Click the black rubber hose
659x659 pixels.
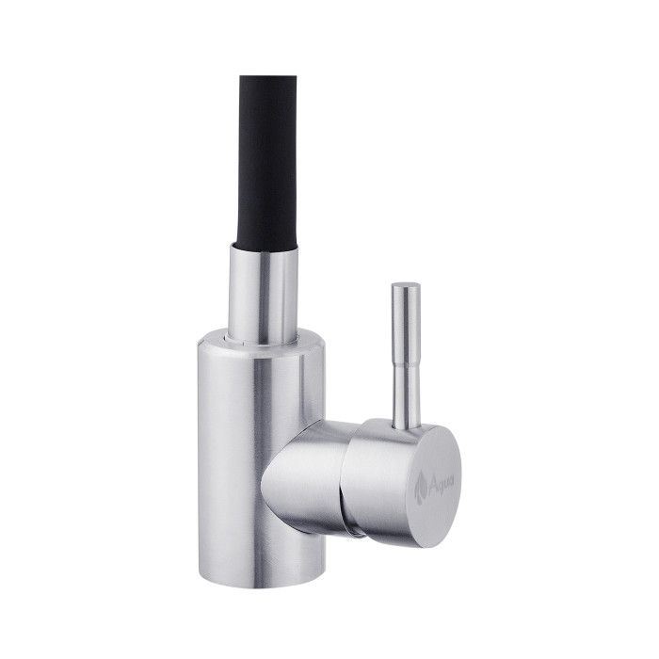coord(268,160)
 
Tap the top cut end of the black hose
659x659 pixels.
coord(268,78)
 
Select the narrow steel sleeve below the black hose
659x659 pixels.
coord(264,292)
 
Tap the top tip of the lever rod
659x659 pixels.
coord(407,284)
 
